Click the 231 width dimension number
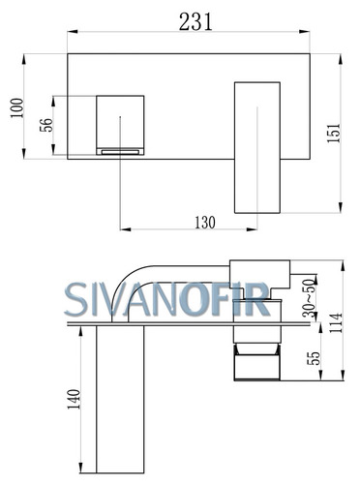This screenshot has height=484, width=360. [x=195, y=22]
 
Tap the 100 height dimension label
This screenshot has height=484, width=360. [x=17, y=107]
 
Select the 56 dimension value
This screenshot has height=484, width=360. [x=45, y=125]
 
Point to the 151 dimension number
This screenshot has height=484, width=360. [x=334, y=133]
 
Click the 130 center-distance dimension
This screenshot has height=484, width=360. [x=205, y=223]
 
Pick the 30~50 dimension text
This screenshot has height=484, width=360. [x=310, y=297]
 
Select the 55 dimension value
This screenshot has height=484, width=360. [x=314, y=358]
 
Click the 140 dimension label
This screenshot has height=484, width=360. [x=74, y=399]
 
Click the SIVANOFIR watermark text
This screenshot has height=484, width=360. [x=166, y=299]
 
